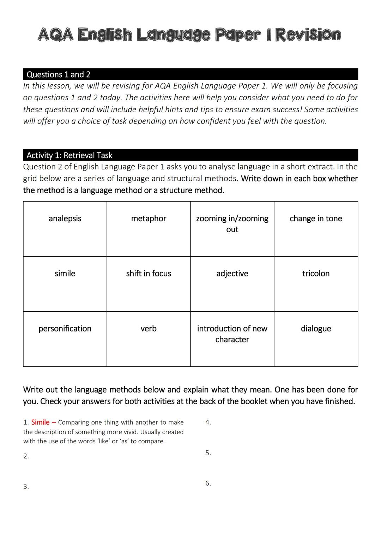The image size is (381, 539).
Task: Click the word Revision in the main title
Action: tap(308, 35)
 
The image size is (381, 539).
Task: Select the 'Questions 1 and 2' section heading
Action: tap(59, 74)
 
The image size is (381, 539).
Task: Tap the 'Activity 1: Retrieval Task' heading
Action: tap(69, 155)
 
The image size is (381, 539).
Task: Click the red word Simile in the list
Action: tap(40, 422)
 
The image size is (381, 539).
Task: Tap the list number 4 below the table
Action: tap(208, 422)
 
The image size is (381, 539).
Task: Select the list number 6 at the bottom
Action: tap(208, 483)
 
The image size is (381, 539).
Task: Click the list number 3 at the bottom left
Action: tap(26, 487)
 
